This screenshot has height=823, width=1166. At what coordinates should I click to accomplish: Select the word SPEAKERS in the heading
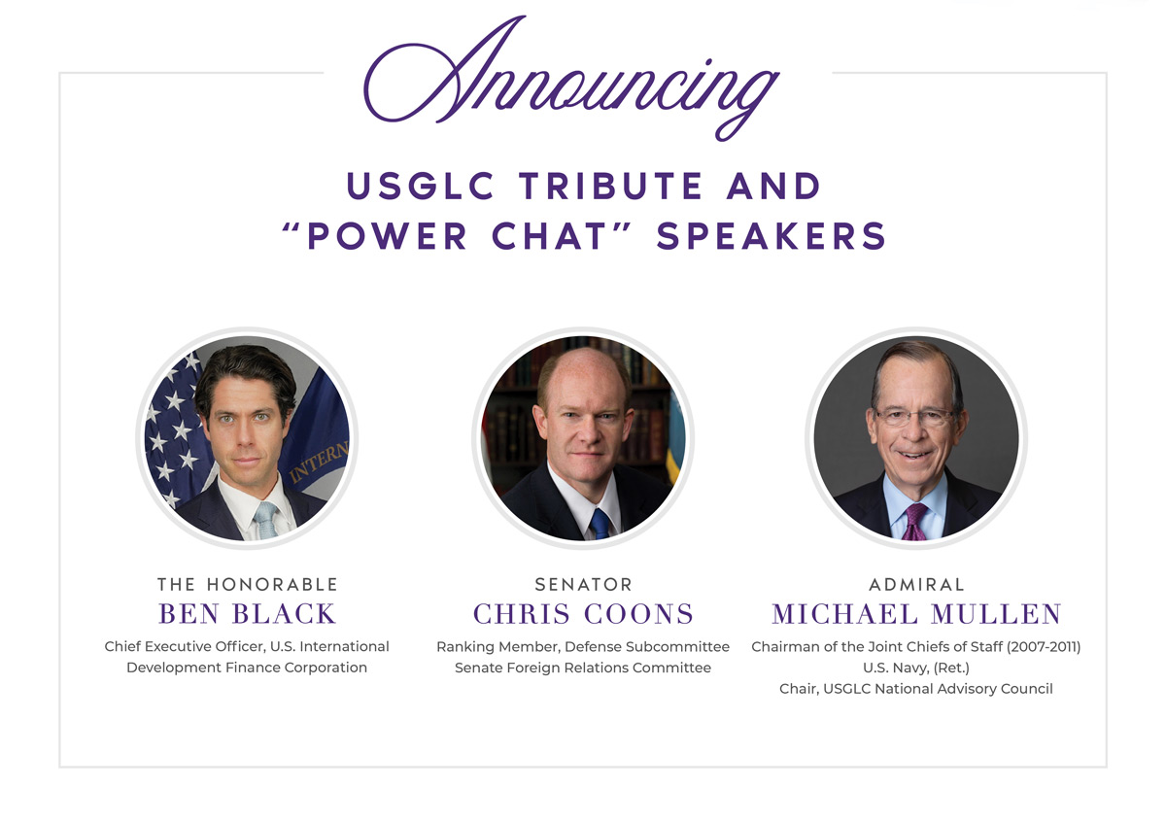(x=772, y=237)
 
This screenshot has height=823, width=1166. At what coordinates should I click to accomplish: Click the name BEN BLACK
(x=247, y=614)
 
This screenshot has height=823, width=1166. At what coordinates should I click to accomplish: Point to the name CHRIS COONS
(x=583, y=614)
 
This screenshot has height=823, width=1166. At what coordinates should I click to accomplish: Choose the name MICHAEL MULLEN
(x=916, y=614)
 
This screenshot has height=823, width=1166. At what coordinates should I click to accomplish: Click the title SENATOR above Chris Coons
(x=583, y=585)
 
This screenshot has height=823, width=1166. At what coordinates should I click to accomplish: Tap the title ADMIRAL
(x=916, y=585)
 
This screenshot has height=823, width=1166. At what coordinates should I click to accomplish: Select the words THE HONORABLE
(x=247, y=585)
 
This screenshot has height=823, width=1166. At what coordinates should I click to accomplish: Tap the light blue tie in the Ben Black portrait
(x=265, y=521)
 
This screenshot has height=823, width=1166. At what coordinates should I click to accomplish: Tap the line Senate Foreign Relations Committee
(x=583, y=668)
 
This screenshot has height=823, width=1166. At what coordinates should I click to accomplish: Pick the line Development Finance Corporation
(x=247, y=668)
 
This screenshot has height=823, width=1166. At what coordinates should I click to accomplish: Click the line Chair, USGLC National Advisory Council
(x=916, y=689)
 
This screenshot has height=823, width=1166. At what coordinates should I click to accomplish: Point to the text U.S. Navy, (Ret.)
(x=916, y=668)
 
